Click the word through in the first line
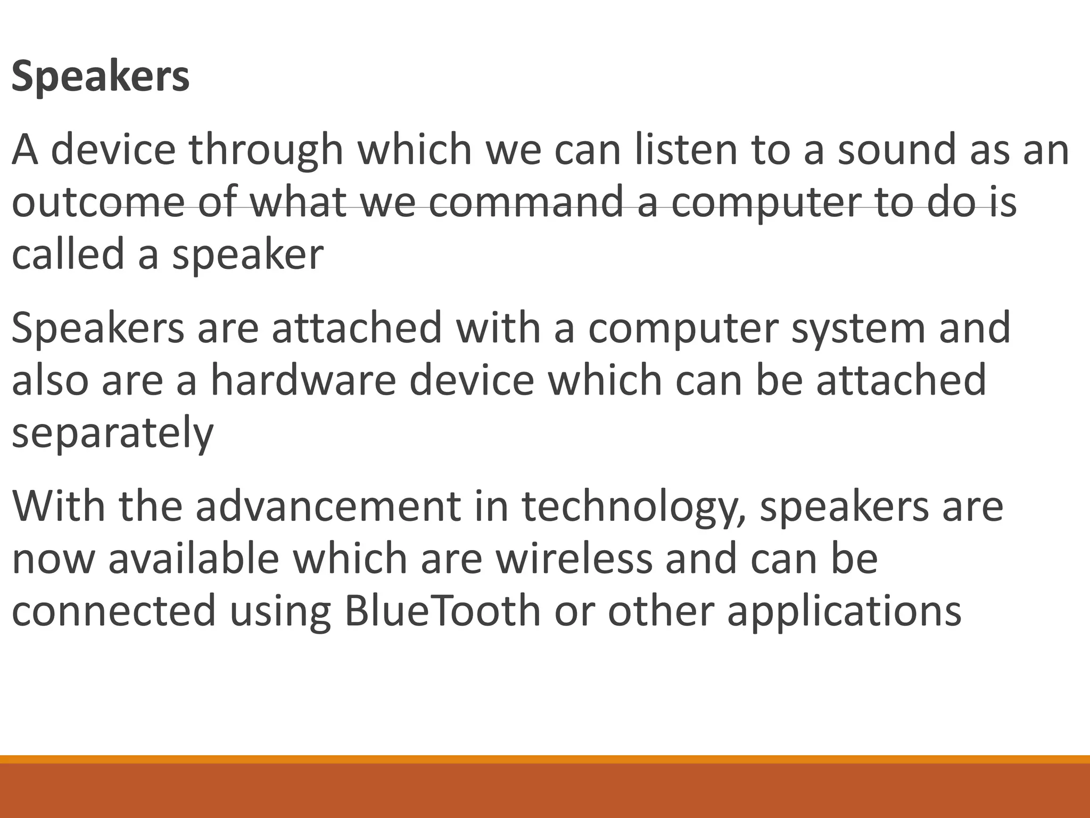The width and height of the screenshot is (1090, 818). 266,150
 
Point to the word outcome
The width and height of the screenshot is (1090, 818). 98,203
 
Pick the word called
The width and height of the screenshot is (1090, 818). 68,254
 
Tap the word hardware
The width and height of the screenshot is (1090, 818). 303,380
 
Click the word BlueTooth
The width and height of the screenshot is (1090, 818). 442,611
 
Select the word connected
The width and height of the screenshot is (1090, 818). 114,611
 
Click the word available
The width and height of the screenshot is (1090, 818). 194,559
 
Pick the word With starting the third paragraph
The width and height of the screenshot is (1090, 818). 59,506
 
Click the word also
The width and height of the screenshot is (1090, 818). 50,380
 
